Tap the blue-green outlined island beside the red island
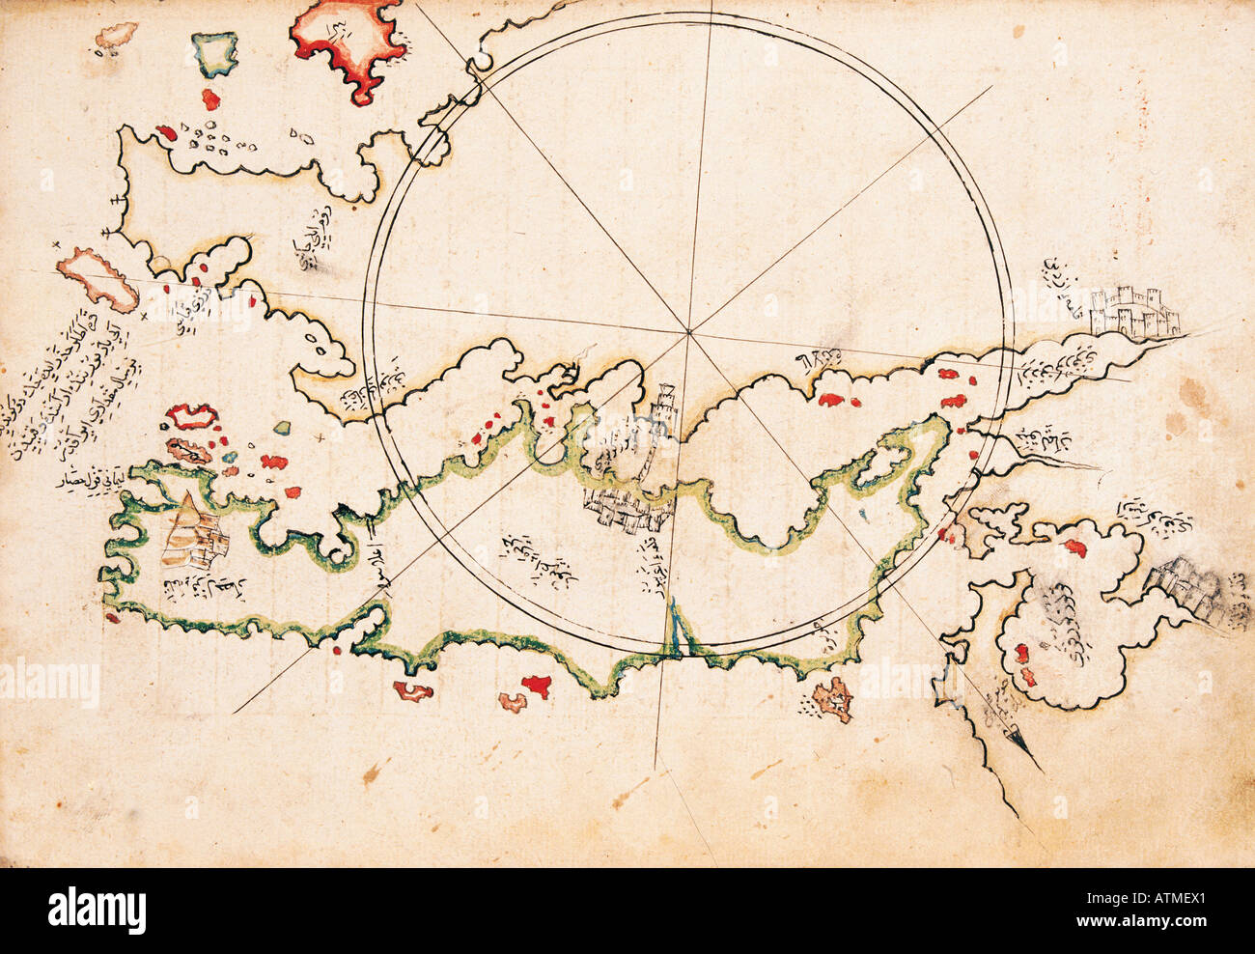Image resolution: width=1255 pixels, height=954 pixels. (216, 54)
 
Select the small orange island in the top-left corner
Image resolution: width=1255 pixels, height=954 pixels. (114, 39)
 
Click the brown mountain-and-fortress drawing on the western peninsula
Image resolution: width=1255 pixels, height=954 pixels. (189, 534)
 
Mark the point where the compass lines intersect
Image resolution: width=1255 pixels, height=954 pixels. (689, 333)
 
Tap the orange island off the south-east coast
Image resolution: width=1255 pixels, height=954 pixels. (831, 698)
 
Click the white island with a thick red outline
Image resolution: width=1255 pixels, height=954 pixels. (191, 417)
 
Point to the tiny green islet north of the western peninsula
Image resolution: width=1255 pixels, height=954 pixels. (281, 427)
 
